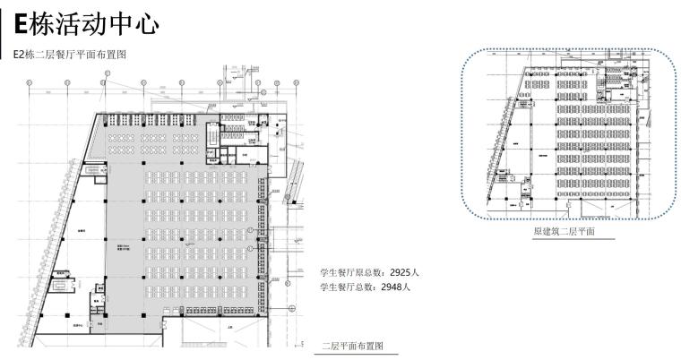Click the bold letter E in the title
click(x=23, y=24)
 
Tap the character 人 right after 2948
click(x=407, y=287)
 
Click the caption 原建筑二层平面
click(x=565, y=232)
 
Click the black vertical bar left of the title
click(x=6, y=28)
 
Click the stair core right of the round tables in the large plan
click(x=216, y=133)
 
